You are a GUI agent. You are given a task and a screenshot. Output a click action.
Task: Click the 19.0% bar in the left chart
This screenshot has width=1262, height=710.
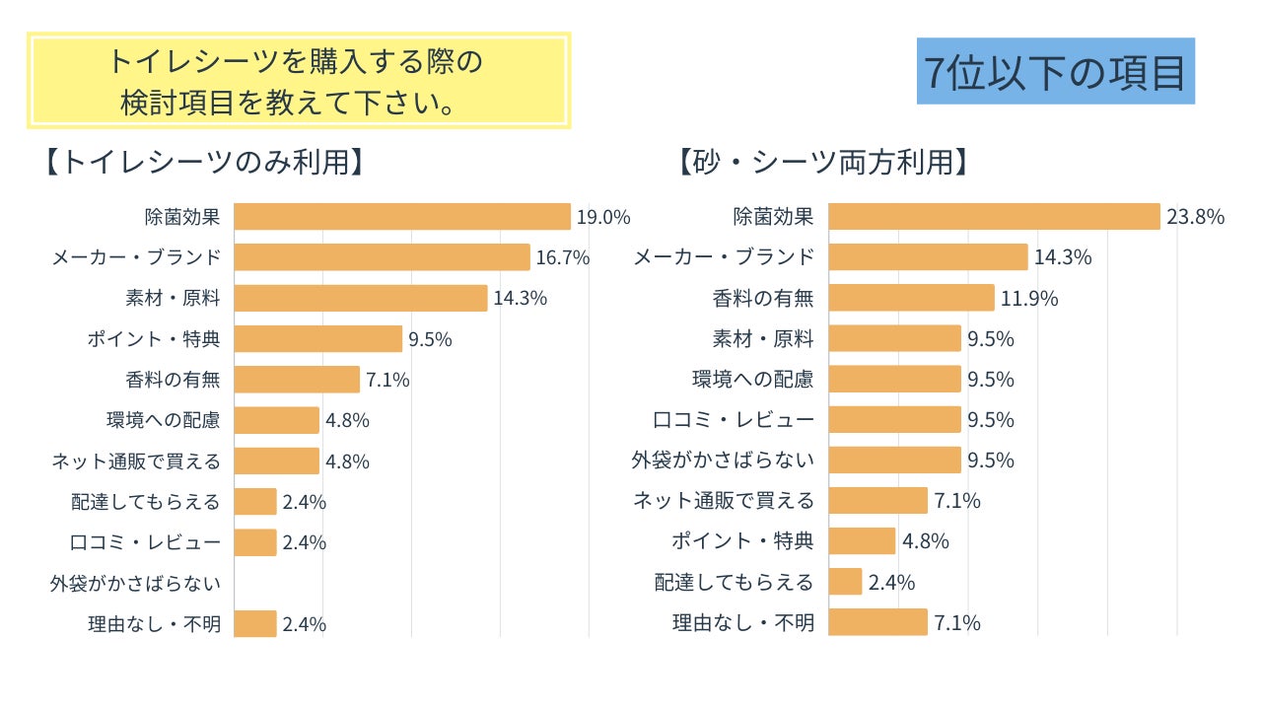coord(402,217)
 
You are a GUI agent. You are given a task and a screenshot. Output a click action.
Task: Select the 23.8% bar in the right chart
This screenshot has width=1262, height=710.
coord(994,217)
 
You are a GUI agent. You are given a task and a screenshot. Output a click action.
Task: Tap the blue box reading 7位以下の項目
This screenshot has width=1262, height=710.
coord(1055,72)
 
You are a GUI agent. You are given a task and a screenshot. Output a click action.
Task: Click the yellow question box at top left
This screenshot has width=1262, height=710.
coord(298,81)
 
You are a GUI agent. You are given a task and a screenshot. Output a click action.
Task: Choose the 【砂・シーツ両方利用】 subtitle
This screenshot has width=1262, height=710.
coord(823,162)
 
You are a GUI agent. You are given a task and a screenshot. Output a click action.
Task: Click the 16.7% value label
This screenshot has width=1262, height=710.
coord(563,258)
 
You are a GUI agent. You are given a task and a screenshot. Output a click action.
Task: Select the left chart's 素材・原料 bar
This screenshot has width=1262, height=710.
coord(361,298)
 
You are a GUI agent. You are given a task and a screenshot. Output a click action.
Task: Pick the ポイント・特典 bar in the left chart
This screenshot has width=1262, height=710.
coord(318,339)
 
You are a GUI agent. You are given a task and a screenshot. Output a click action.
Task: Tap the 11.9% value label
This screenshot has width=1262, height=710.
coord(1029,298)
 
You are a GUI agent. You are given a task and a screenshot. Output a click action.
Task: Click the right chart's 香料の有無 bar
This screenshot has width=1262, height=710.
coord(911,298)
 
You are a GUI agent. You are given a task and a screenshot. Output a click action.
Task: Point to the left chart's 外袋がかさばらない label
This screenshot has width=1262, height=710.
coord(135,583)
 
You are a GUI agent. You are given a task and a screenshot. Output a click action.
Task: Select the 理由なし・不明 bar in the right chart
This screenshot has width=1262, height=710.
coord(877,622)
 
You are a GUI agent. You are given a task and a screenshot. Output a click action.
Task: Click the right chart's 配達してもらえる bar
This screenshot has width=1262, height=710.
coord(845,582)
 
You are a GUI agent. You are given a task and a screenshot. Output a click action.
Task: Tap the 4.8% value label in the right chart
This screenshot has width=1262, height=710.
coord(926,541)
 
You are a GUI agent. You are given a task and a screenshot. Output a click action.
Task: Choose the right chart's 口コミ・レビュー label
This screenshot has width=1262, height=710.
coord(735,420)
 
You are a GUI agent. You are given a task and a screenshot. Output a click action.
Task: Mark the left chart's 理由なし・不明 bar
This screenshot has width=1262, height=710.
coord(255,623)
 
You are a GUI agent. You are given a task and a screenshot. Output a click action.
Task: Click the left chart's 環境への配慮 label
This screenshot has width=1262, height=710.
coord(163,420)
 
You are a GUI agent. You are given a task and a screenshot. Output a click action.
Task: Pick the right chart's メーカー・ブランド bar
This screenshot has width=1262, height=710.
coord(928,257)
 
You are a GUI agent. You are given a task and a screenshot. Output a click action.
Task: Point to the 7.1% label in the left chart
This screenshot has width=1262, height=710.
coord(387,380)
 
